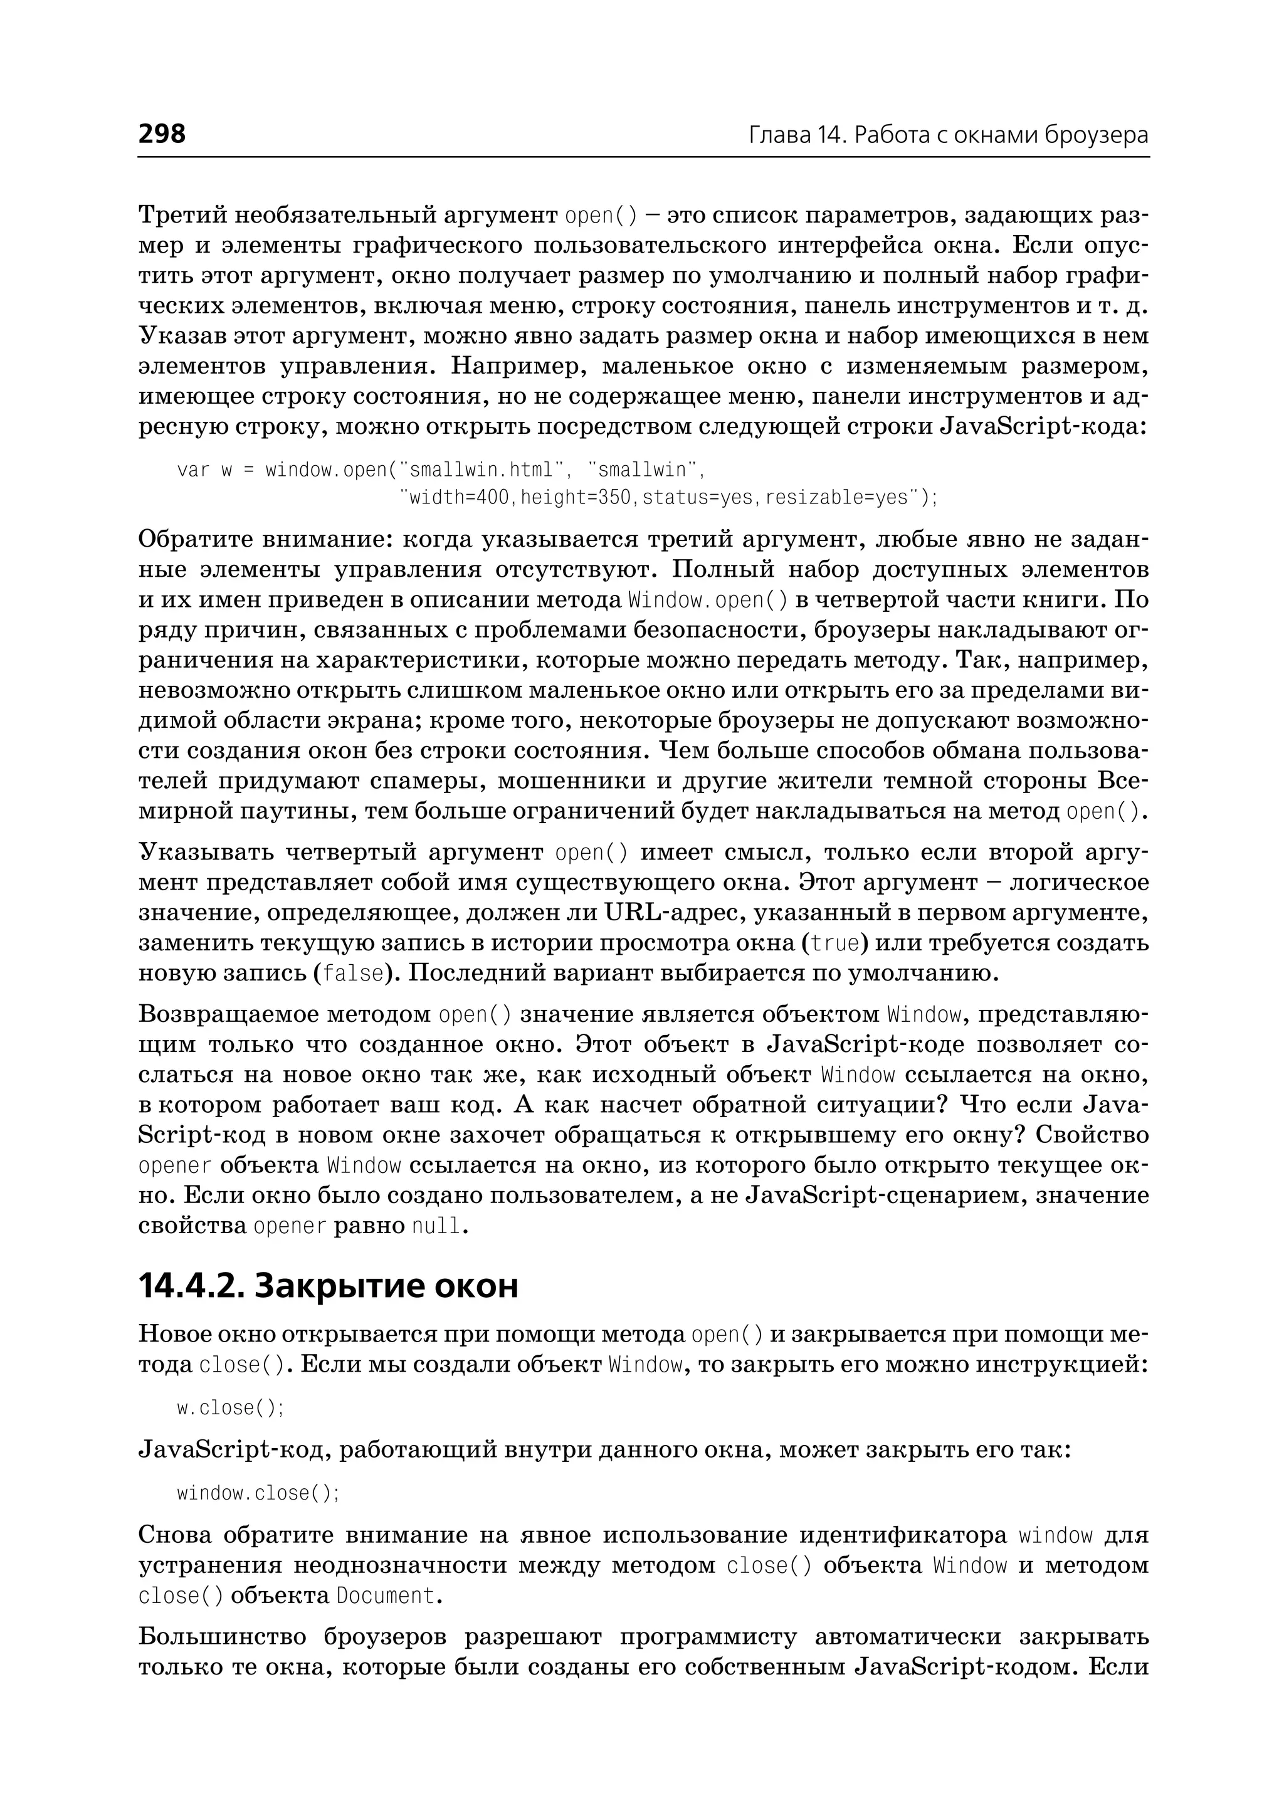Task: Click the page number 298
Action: click(162, 134)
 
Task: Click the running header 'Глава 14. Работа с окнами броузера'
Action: click(948, 135)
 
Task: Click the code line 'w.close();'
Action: click(230, 1408)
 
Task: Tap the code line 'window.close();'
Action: click(258, 1493)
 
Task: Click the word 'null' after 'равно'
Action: click(436, 1226)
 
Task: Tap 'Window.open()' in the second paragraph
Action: click(708, 600)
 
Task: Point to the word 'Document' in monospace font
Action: click(385, 1595)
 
